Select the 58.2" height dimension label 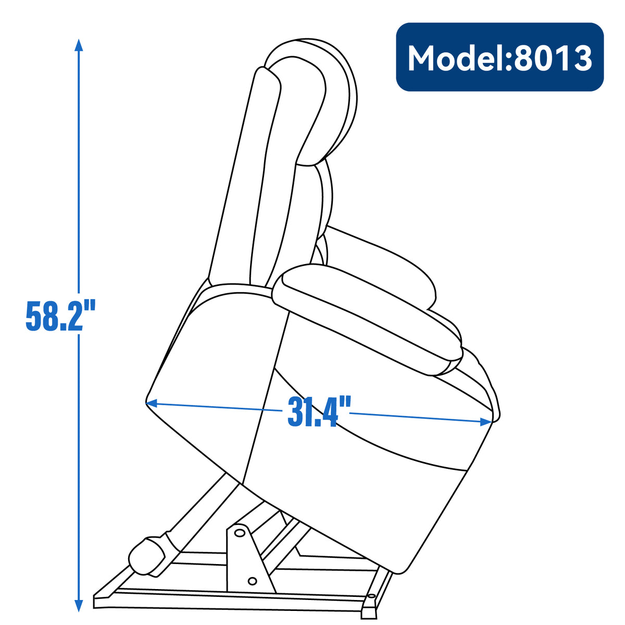pos(60,316)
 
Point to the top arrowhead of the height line pos(79,45)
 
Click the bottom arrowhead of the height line pos(79,605)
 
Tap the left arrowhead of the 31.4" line pos(152,403)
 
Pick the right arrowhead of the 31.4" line pos(486,421)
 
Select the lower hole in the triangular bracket pos(252,581)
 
